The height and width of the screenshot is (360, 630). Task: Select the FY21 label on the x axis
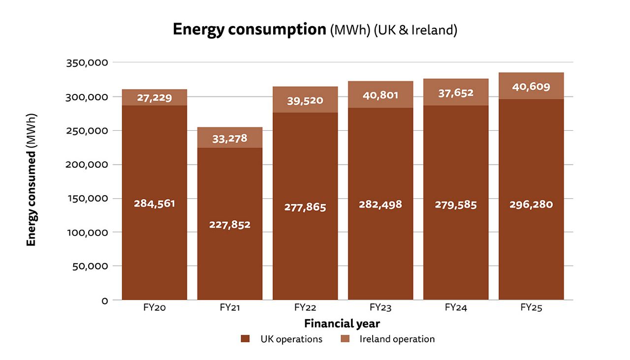230,308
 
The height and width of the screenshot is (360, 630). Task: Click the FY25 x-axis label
531,308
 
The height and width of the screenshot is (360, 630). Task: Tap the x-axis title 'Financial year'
342,324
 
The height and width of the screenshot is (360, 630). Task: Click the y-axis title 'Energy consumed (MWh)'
31,180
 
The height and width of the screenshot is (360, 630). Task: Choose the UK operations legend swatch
245,339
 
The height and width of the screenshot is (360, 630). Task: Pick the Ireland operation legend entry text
397,339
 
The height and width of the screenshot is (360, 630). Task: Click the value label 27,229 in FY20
155,97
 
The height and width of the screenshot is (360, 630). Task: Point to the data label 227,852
230,225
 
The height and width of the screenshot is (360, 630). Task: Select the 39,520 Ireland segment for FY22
305,100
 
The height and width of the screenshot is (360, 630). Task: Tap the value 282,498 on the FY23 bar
380,205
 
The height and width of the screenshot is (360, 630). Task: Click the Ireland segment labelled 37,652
456,93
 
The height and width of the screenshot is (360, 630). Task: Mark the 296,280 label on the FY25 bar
531,205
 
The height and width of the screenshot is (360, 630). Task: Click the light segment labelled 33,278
230,138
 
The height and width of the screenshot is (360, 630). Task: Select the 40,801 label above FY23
380,95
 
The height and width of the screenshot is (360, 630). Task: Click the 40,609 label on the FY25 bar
531,87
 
